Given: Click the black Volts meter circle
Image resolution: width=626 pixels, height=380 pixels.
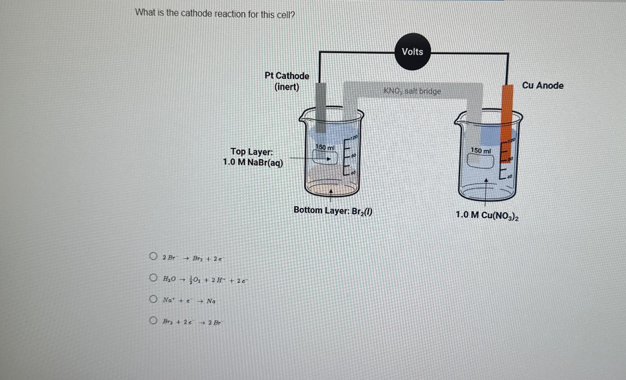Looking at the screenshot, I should (x=412, y=52).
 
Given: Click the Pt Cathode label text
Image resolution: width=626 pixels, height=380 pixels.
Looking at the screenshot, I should (x=287, y=76).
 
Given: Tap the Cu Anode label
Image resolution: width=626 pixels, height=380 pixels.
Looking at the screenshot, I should (x=543, y=86).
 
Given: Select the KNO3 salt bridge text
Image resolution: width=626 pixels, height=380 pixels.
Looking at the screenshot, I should (x=412, y=91).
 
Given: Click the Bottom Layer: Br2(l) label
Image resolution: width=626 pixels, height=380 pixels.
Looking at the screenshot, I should (x=333, y=211).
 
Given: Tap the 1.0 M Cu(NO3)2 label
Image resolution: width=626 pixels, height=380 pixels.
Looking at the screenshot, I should (x=487, y=215).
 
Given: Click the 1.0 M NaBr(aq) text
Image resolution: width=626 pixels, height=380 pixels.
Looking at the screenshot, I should (x=253, y=163).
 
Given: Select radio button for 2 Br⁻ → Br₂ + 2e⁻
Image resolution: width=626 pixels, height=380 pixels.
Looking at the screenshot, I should (x=153, y=256).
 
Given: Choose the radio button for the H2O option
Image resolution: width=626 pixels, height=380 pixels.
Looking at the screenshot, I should (x=153, y=278).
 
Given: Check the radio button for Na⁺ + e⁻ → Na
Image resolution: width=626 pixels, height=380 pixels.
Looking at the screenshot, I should (x=153, y=299).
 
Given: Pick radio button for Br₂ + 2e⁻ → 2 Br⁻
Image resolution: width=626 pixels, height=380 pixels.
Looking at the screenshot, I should (x=153, y=320).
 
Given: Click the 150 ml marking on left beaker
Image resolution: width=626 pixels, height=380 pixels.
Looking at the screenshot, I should (x=325, y=147).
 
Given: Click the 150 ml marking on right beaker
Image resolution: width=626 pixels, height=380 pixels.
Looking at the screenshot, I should (x=481, y=151).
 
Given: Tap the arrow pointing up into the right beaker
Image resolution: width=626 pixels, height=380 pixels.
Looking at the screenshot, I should (x=486, y=181).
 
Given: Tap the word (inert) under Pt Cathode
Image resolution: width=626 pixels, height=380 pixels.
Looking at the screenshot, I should (x=287, y=87).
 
